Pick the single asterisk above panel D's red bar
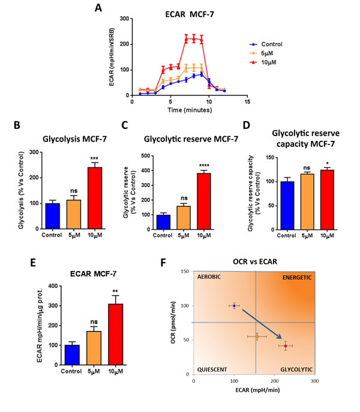[x=311, y=163]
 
